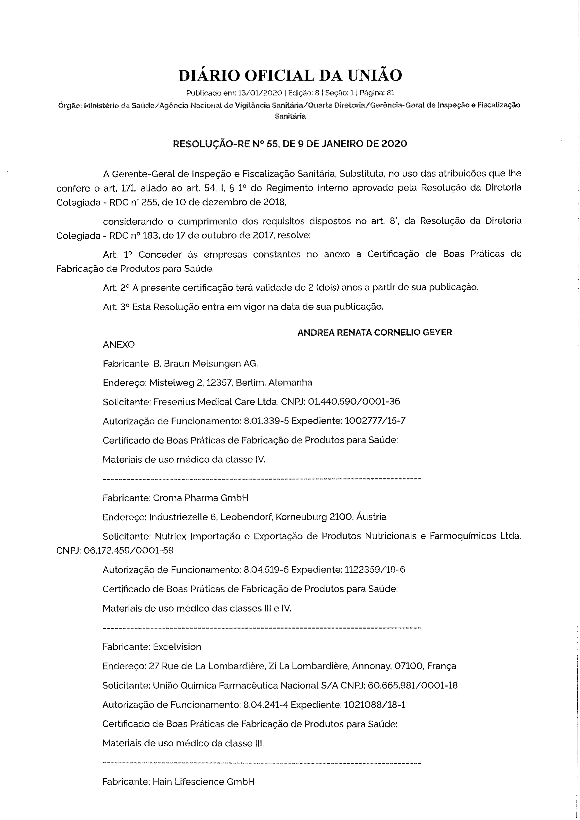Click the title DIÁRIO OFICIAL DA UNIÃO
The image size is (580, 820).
coord(290,75)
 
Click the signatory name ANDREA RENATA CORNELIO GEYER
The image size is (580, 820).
coord(375,333)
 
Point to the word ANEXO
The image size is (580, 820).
coord(119,345)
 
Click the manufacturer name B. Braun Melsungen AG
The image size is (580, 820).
coord(205,364)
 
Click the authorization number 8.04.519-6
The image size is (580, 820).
coord(266,570)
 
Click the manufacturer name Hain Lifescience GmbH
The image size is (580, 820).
coord(204,782)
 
